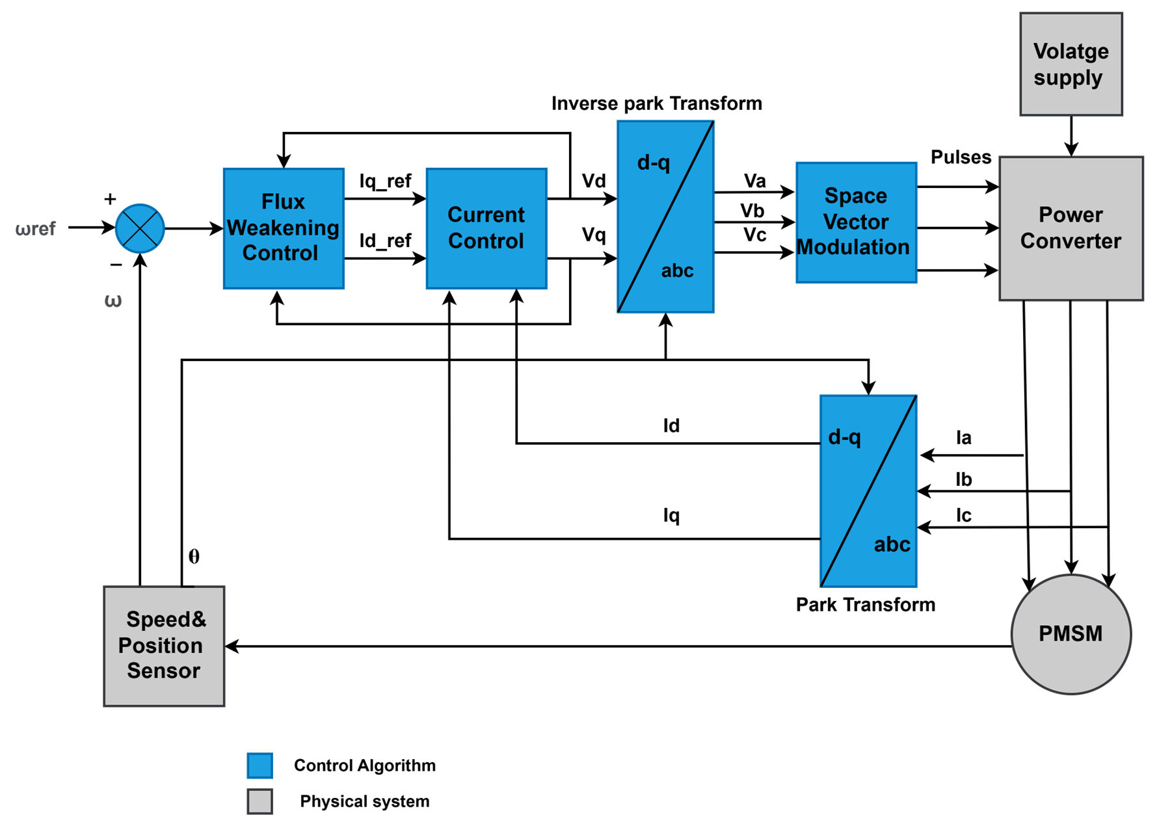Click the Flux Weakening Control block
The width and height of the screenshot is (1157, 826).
point(284,228)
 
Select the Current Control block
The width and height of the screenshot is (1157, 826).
point(486,228)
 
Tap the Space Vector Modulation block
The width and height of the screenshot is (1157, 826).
point(856,222)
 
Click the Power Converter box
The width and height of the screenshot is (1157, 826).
point(1071,228)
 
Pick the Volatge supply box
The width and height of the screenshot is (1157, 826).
point(1071,64)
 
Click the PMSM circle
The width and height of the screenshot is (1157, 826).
point(1071,634)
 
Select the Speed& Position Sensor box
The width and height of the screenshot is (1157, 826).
point(164,646)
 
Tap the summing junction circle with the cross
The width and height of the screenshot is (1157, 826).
point(140,228)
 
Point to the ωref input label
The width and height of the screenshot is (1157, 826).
point(36,229)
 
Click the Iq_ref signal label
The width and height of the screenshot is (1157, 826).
point(385,181)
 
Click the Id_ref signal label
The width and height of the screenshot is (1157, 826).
point(385,241)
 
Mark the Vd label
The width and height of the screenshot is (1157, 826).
point(593,181)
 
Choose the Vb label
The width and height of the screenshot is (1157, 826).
point(752,211)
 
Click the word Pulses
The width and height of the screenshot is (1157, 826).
point(961,157)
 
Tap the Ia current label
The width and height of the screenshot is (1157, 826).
point(963,438)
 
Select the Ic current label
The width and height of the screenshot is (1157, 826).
point(963,516)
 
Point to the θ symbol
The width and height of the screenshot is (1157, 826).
point(194,557)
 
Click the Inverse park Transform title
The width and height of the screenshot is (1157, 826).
point(656,103)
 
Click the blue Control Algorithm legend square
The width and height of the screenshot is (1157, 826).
point(259,766)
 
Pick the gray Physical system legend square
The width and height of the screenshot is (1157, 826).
point(259,801)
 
